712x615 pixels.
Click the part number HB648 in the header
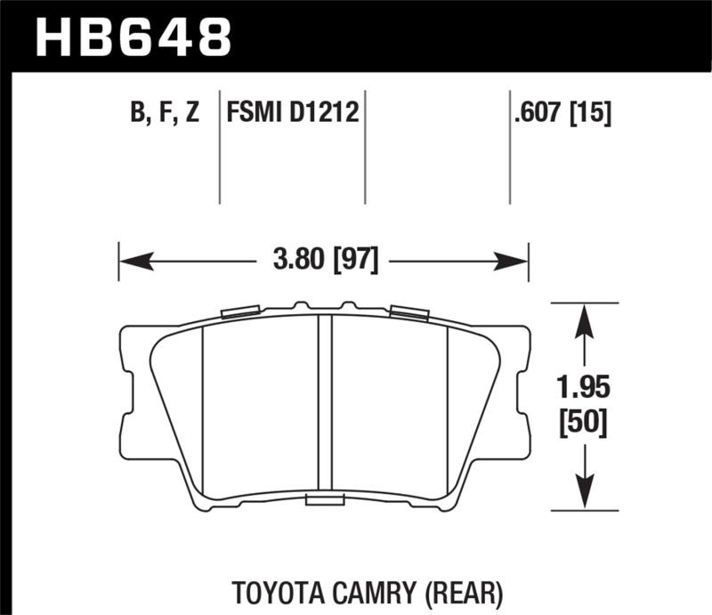132,36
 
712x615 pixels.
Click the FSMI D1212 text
292,114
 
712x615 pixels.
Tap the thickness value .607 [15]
559,114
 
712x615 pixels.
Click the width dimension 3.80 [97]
324,262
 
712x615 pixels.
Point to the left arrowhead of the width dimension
133,262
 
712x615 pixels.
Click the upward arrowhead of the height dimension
583,320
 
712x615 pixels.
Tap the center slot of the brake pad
325,405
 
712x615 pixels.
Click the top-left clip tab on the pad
240,311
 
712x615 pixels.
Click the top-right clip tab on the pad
409,312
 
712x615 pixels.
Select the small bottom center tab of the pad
325,501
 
